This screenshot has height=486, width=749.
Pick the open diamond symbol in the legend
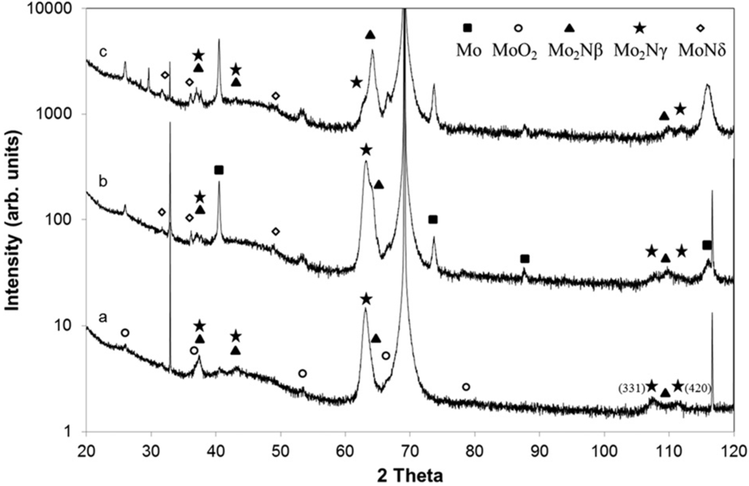(x=700, y=28)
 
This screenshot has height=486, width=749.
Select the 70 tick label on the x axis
(x=410, y=447)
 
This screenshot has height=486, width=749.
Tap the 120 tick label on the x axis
(x=733, y=447)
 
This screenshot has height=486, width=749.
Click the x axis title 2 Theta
(x=410, y=474)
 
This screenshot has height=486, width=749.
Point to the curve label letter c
(x=103, y=52)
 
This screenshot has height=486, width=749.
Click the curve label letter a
(x=103, y=318)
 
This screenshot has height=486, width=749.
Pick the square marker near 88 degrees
(x=524, y=259)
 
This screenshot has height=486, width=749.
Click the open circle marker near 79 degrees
(x=466, y=386)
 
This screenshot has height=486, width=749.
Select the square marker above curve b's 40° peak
(x=219, y=170)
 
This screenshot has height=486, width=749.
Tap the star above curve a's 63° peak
(x=366, y=299)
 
